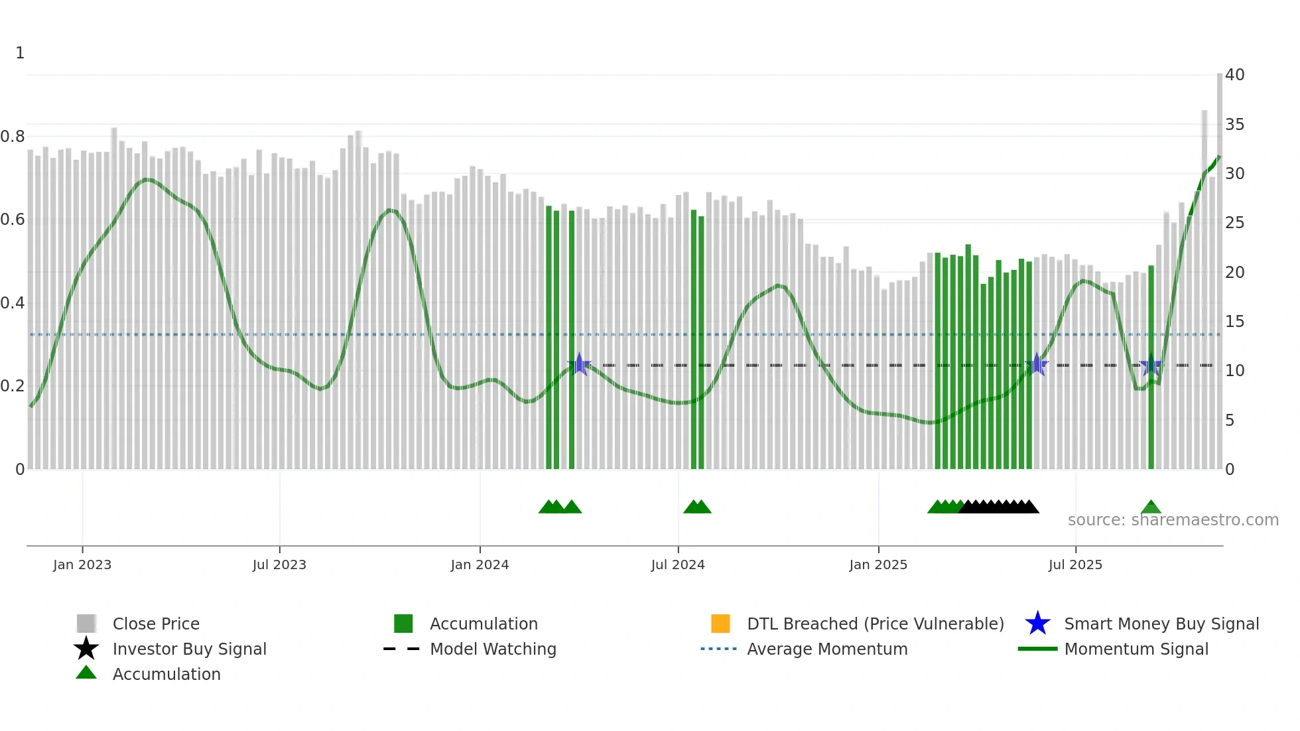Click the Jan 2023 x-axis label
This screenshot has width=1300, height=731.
pos(82,565)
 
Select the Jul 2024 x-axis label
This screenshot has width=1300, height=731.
pos(678,565)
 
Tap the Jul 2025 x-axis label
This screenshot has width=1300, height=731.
pos(1075,565)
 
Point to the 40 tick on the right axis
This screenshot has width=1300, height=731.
pos(1234,75)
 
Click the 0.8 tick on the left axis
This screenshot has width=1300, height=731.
pos(13,137)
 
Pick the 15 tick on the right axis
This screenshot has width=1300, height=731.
pos(1234,322)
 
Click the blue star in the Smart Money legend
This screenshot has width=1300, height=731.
pos(1037,624)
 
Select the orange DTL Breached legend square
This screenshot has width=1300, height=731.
pos(720,624)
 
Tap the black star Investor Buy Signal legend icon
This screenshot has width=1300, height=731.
pos(86,649)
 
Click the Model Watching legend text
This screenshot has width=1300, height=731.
pos(493,649)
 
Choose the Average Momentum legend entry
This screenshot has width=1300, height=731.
pos(827,649)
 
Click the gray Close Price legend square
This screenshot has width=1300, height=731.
pos(86,624)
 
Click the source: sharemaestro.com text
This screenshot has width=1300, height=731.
pos(1173,520)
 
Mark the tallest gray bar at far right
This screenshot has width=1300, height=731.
pos(1220,265)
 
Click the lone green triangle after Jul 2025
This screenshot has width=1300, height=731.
pos(1151,507)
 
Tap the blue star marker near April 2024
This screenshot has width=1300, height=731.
pos(579,364)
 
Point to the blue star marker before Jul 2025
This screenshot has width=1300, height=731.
pos(1037,364)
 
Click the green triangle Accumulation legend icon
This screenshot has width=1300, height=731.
pos(86,673)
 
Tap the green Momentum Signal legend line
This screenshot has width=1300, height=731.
pos(1037,649)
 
